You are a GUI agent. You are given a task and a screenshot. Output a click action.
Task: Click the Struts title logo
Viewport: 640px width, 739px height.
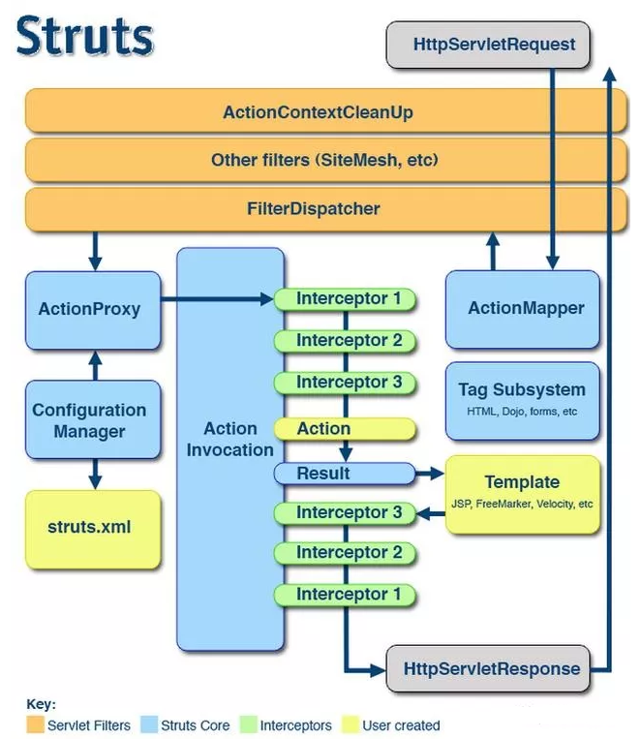85,36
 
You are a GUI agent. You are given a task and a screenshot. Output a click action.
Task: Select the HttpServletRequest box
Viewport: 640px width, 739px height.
488,45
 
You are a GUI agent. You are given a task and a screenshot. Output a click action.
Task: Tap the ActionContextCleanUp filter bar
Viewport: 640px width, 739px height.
325,111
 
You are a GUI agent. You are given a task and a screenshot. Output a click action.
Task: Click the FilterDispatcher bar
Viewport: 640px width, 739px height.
325,209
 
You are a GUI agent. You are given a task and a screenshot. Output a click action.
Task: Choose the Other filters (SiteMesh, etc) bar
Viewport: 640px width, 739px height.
325,160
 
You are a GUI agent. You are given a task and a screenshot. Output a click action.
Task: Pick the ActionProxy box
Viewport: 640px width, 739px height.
93,310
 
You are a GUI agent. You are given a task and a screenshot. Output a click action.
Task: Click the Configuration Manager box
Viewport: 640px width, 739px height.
93,420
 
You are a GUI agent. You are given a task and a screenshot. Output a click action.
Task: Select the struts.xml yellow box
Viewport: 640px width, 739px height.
93,529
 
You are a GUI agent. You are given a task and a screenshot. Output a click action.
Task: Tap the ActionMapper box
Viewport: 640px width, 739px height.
523,309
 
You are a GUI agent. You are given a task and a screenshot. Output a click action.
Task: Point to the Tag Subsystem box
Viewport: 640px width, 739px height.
523,401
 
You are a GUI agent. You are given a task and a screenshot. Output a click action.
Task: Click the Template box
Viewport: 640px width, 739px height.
523,494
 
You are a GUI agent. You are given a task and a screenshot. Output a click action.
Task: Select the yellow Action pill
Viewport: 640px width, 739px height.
345,429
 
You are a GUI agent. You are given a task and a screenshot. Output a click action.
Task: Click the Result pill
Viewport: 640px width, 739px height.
345,474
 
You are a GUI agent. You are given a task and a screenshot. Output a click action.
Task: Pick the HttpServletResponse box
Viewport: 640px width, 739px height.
488,668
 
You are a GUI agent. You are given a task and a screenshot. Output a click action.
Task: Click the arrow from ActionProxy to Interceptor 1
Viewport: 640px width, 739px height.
217,298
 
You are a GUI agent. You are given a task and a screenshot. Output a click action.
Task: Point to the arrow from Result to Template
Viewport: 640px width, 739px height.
430,474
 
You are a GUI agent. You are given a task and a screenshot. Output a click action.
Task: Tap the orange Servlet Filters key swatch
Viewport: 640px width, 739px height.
36,724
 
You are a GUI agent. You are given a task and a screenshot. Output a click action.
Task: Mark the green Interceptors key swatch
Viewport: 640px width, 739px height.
249,724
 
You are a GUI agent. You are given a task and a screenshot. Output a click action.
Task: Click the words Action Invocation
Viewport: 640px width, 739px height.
230,440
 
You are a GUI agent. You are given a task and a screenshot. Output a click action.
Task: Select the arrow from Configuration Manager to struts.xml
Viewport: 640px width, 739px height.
95,475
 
